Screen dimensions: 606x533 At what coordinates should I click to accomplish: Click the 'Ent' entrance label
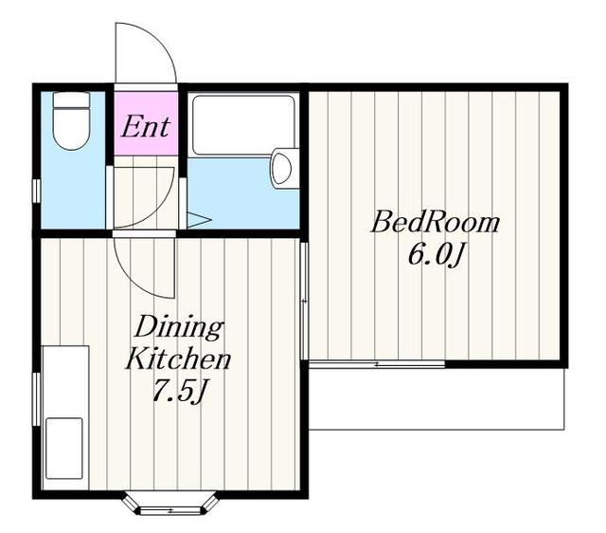(x=146, y=126)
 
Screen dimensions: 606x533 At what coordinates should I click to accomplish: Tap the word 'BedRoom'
(x=435, y=223)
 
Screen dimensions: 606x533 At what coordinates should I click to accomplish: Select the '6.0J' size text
(x=436, y=255)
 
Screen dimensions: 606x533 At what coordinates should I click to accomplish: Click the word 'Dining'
(x=179, y=328)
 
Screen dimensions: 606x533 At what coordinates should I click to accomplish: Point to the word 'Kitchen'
(x=178, y=359)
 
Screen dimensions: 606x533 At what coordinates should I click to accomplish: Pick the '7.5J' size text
(x=178, y=391)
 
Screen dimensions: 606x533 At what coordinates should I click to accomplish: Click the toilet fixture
(x=72, y=120)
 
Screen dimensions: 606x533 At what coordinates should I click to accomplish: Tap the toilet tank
(x=72, y=100)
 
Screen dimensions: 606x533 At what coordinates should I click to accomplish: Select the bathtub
(x=244, y=125)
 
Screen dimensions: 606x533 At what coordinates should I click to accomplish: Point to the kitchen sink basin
(x=64, y=449)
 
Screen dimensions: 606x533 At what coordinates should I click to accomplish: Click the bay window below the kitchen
(x=169, y=504)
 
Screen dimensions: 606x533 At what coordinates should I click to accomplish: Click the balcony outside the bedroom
(x=437, y=399)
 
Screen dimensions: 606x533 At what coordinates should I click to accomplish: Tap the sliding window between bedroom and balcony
(x=377, y=364)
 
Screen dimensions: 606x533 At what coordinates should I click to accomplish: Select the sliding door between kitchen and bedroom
(x=304, y=301)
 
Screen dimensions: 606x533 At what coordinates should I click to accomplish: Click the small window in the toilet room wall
(x=36, y=191)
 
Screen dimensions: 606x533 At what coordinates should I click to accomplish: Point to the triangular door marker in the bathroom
(x=198, y=220)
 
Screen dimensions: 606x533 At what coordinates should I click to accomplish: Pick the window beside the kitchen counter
(x=36, y=399)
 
